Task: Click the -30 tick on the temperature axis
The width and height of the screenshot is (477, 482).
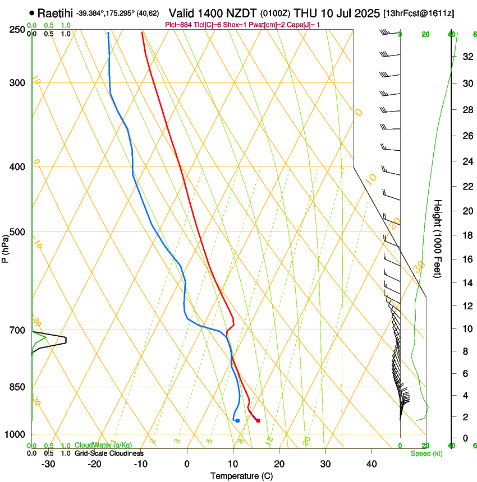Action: click(48, 464)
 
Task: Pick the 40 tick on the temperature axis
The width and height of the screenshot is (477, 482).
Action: click(371, 464)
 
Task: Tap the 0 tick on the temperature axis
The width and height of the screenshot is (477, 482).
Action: click(187, 464)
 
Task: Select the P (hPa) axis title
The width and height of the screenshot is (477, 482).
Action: click(5, 247)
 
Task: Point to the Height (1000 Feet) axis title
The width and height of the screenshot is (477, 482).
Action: click(438, 238)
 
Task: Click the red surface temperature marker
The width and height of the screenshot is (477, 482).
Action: click(258, 420)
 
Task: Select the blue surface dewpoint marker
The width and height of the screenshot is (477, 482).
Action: click(237, 420)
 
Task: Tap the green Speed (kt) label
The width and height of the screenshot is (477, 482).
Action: click(426, 453)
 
